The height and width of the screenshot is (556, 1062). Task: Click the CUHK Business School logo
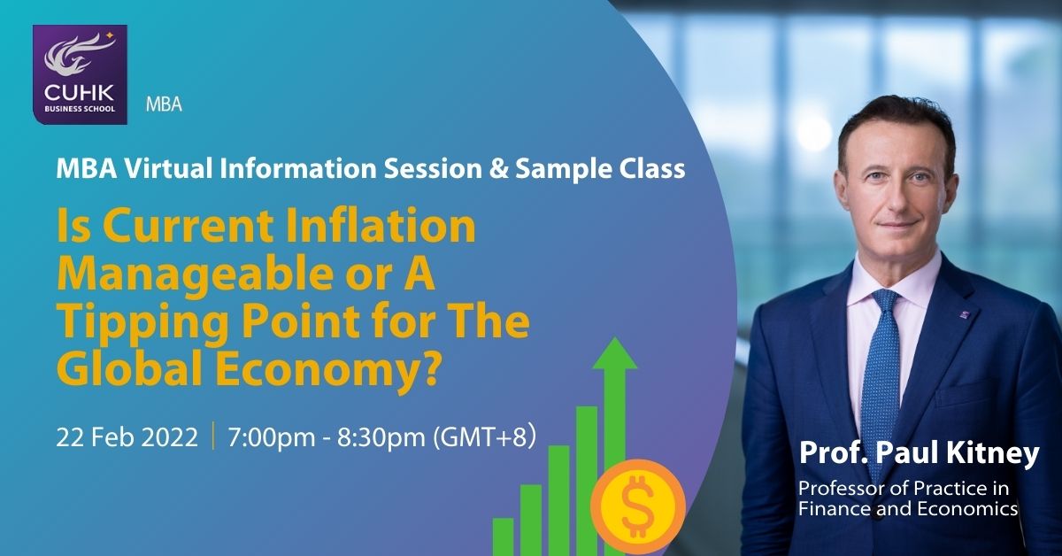tap(80, 74)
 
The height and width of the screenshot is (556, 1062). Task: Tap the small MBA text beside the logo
tap(164, 104)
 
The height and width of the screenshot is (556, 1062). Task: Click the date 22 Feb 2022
tap(127, 437)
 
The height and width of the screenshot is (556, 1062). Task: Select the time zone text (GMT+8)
tap(485, 436)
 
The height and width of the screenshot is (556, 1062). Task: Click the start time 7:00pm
tap(271, 437)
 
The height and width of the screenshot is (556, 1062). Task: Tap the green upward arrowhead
tap(615, 353)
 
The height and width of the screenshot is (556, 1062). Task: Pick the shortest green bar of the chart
tap(503, 537)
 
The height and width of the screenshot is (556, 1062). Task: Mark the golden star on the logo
tap(110, 35)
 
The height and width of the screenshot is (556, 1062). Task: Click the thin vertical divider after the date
tap(213, 435)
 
